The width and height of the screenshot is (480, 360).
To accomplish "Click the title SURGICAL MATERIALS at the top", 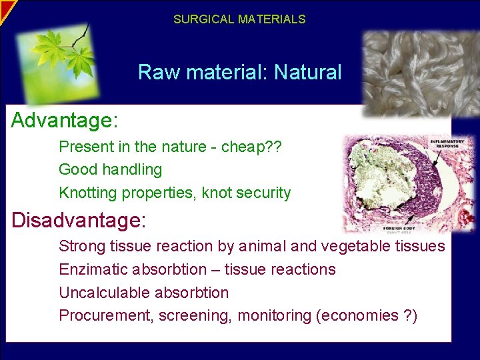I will click(239, 19).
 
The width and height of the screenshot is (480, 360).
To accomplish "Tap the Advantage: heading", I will click(65, 121).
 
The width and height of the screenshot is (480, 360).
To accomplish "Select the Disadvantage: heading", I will click(79, 219).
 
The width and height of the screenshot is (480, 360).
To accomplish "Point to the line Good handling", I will click(110, 169).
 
